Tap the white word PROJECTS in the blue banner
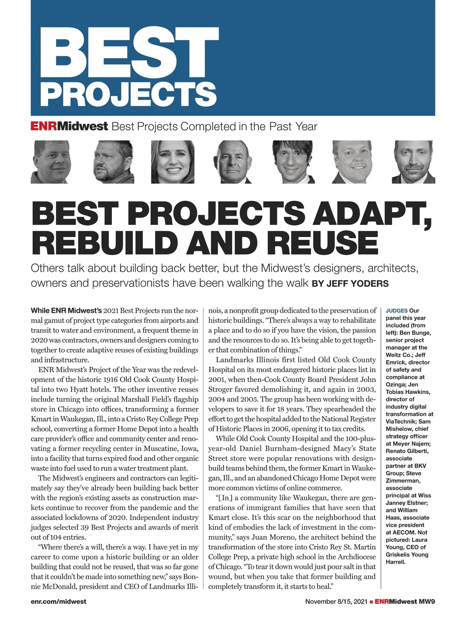tap(129, 93)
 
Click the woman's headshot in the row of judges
tap(172, 162)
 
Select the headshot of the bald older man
tap(232, 162)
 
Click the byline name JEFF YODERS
tap(357, 284)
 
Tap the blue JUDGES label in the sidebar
tap(396, 311)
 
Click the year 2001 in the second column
tap(216, 380)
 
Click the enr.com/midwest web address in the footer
tap(59, 602)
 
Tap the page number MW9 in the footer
tap(426, 602)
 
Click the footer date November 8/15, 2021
tap(336, 602)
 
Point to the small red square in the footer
tap(372, 602)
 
